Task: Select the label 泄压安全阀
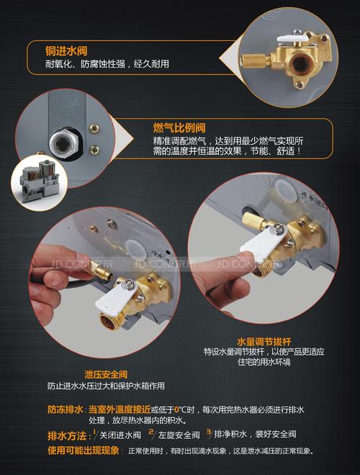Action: [x=106, y=374]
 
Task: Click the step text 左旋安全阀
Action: [x=178, y=435]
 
